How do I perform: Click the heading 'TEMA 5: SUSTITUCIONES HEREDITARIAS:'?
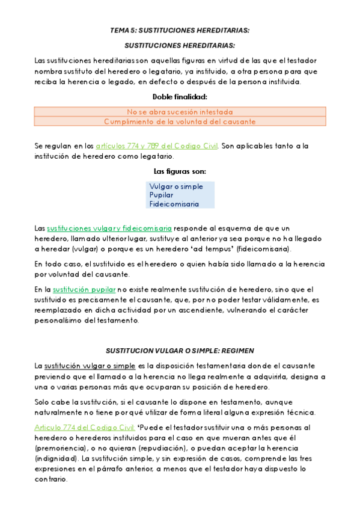[180, 30]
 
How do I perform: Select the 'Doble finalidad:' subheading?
[180, 96]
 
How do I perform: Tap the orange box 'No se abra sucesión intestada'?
[180, 112]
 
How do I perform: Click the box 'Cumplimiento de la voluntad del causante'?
[180, 121]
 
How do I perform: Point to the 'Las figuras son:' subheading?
[180, 171]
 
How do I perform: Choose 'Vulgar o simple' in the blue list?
[176, 186]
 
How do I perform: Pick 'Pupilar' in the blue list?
[161, 195]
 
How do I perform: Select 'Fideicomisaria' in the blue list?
[174, 204]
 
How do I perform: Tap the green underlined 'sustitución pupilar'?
[84, 290]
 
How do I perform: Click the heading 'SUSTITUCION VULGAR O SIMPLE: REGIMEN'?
[180, 350]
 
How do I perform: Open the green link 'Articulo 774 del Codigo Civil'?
[84, 428]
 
